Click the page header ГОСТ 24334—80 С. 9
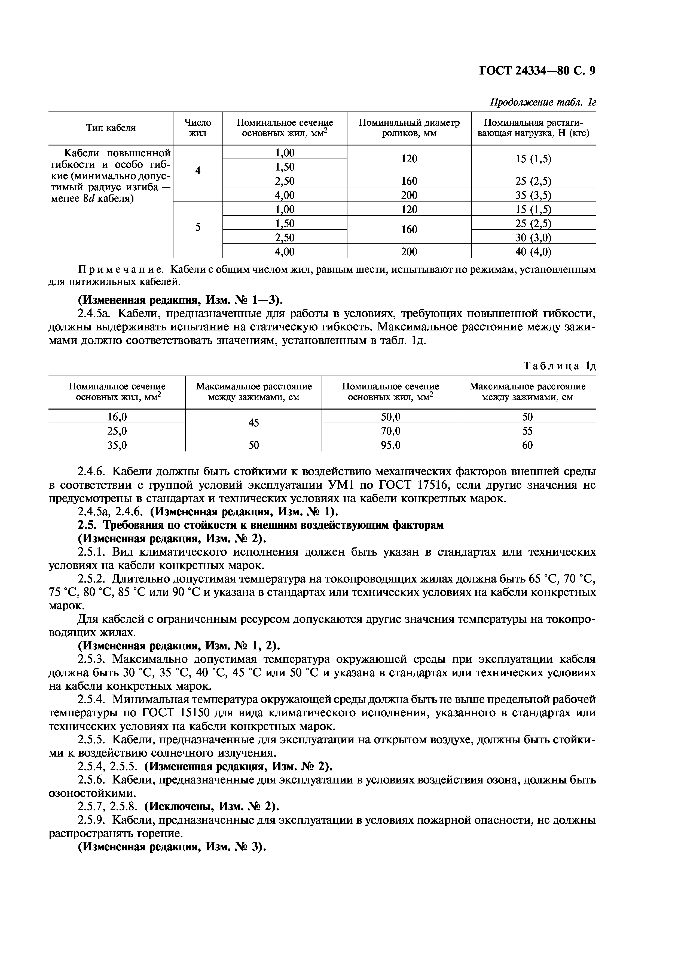coord(537,71)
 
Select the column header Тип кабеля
coord(111,128)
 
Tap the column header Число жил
coord(198,128)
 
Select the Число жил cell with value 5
coord(198,228)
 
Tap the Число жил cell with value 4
coord(198,171)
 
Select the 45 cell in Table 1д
coord(254,423)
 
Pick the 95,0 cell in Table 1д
coord(391,445)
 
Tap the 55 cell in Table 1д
coord(527,431)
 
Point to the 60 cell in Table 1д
coord(527,445)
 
